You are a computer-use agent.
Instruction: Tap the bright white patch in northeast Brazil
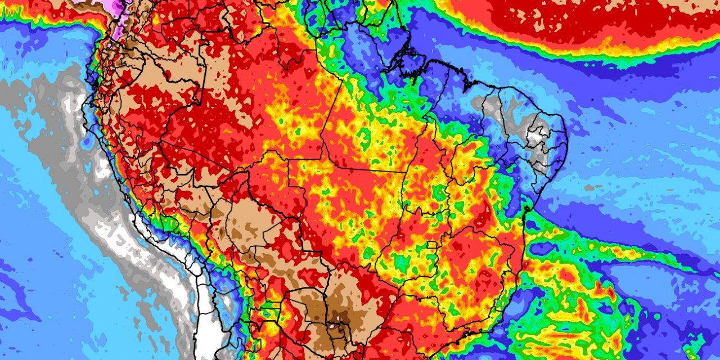click(535, 135)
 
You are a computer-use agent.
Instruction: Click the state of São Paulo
click(433, 315)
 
